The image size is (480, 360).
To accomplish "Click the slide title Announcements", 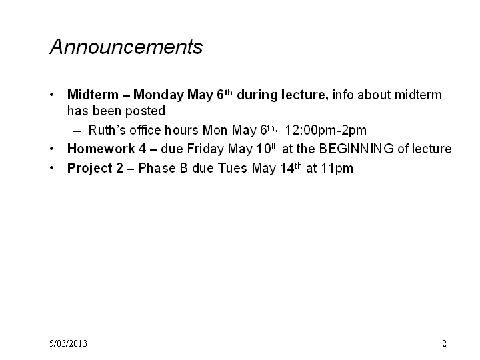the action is coord(126,47).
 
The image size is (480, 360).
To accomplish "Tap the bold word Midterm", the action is coord(93,95).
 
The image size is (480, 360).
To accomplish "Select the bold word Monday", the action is coord(158,95).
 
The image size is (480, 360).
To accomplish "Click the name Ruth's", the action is coord(107,130).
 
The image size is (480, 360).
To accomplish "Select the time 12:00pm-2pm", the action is coord(326,131).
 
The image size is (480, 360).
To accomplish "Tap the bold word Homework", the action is coord(101,149).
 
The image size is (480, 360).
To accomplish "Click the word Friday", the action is coord(205,149).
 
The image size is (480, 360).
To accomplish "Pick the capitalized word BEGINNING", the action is coord(356,149).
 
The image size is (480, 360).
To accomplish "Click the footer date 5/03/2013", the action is coord(68,343).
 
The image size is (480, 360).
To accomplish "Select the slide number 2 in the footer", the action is coord(444,343).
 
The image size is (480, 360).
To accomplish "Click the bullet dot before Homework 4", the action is coord(52,149).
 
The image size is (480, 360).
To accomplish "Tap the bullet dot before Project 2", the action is coord(52,168).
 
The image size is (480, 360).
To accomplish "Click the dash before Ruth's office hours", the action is coord(77,131).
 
